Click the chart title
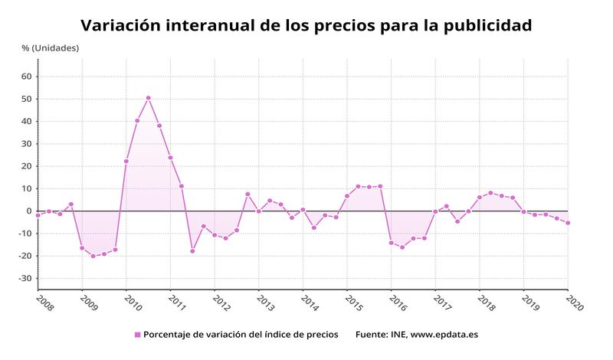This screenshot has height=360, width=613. (x=306, y=25)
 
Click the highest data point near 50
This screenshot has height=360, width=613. (x=148, y=98)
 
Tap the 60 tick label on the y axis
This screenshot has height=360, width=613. (x=26, y=77)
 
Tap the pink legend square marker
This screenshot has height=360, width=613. (x=138, y=335)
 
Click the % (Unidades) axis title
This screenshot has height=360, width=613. (x=50, y=48)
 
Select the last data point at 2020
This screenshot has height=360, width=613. (x=568, y=223)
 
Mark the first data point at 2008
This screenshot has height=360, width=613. (x=38, y=215)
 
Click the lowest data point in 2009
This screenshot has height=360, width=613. (x=93, y=256)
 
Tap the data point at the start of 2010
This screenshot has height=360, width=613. (x=126, y=162)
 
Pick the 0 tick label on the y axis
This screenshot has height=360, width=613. (x=28, y=211)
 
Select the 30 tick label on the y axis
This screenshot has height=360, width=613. (x=26, y=144)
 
